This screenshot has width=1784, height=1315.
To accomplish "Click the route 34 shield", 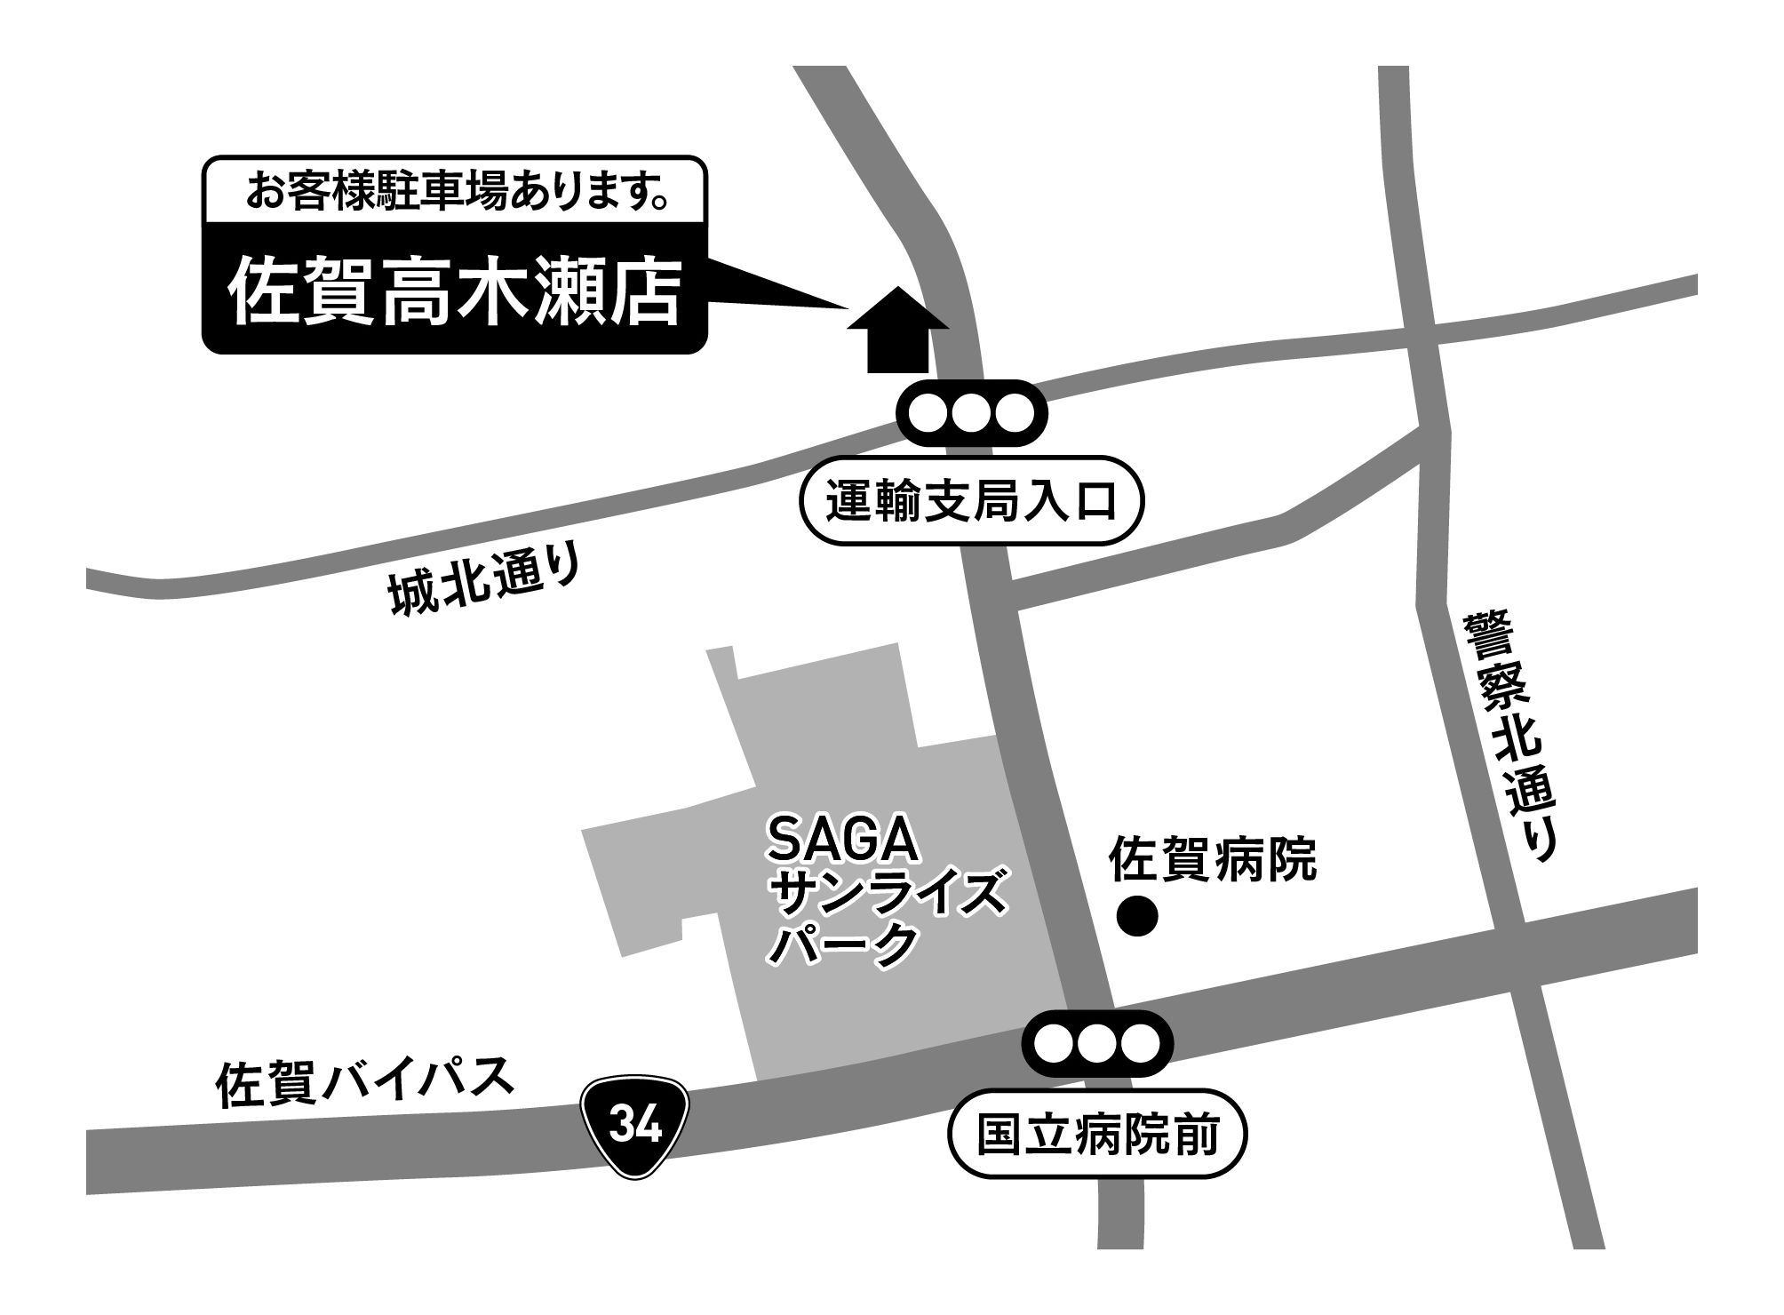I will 635,1128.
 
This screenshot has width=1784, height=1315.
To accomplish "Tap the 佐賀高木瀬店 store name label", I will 455,292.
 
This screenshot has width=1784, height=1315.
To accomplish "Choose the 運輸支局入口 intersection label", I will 972,500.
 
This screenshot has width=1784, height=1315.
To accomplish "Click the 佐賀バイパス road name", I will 365,1081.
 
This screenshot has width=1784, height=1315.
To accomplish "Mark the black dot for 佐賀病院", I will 1137,917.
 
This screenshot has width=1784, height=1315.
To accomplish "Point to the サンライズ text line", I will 891,896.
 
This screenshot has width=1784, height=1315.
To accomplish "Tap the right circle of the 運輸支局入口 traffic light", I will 1014,413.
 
